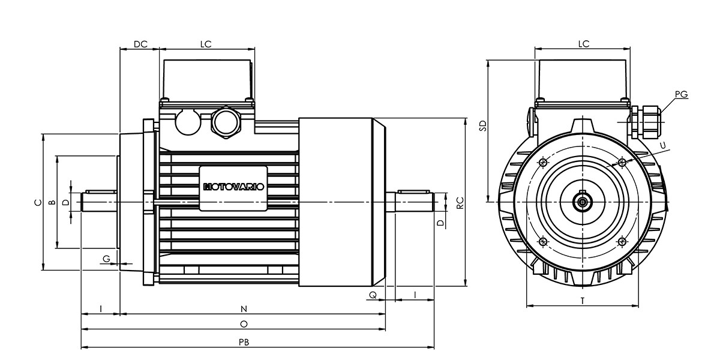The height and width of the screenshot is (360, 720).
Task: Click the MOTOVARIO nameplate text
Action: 233,187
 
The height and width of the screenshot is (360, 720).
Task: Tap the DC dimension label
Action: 140,44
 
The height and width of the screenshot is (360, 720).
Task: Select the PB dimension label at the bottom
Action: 244,343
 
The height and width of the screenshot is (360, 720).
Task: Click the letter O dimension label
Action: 244,324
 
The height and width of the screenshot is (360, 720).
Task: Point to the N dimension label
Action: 244,309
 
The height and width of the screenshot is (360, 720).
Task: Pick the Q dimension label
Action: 373,295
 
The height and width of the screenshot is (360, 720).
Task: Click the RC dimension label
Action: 460,203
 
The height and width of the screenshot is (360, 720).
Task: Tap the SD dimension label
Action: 483,125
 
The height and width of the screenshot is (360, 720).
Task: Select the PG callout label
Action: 681,94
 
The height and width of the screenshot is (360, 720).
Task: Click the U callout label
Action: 663,146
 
